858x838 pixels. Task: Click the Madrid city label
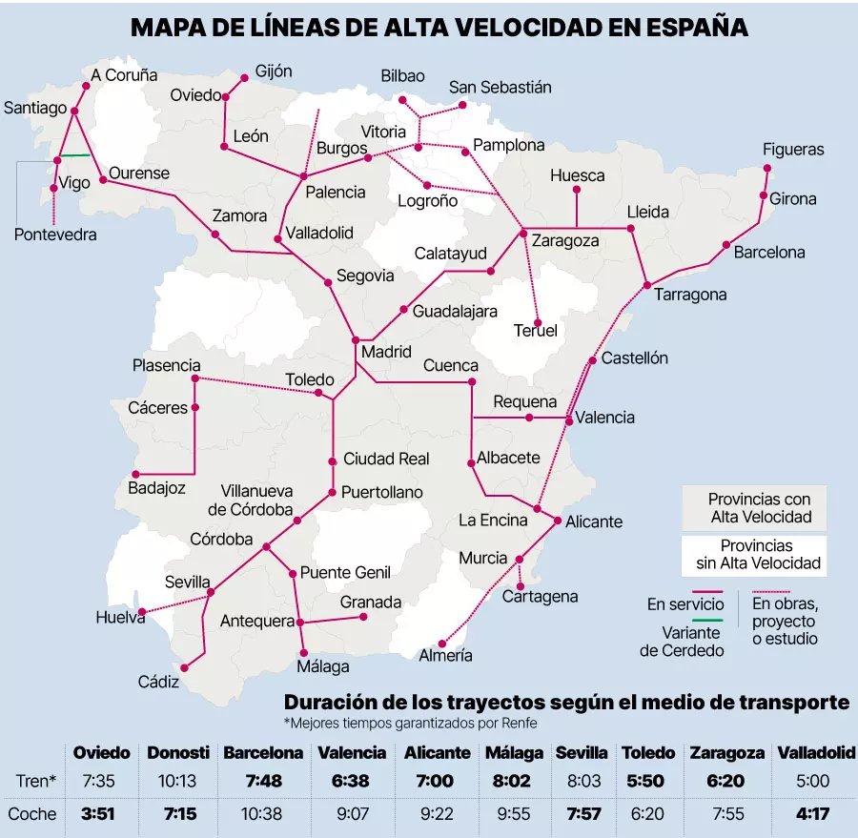point(386,352)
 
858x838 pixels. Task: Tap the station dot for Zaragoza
point(522,232)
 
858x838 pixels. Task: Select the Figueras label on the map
point(793,150)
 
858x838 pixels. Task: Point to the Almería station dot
point(441,643)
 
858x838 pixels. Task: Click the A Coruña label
point(125,75)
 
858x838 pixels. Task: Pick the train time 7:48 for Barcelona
point(263,781)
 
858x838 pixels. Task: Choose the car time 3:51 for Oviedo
point(99,814)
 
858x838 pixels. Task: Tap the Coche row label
point(31,814)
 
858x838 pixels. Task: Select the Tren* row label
point(36,781)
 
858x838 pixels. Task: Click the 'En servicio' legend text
point(685,604)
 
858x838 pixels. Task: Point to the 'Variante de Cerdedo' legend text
point(682,641)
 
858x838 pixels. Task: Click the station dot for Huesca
point(577,189)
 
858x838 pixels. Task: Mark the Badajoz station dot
point(135,474)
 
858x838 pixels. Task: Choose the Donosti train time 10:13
point(176,781)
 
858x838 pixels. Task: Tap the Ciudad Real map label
point(386,459)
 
